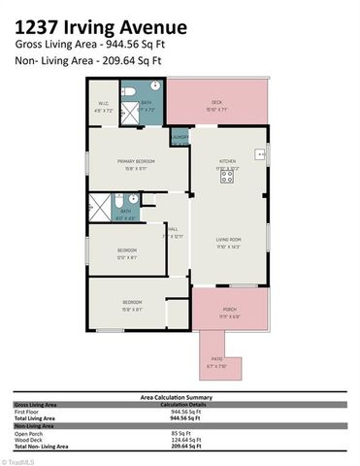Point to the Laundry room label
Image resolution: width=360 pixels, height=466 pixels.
[180, 138]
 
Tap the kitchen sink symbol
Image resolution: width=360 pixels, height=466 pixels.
[260, 153]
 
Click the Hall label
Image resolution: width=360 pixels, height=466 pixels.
[172, 230]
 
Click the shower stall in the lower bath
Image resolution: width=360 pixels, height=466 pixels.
[97, 206]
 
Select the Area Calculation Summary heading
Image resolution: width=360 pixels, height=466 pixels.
[180, 397]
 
